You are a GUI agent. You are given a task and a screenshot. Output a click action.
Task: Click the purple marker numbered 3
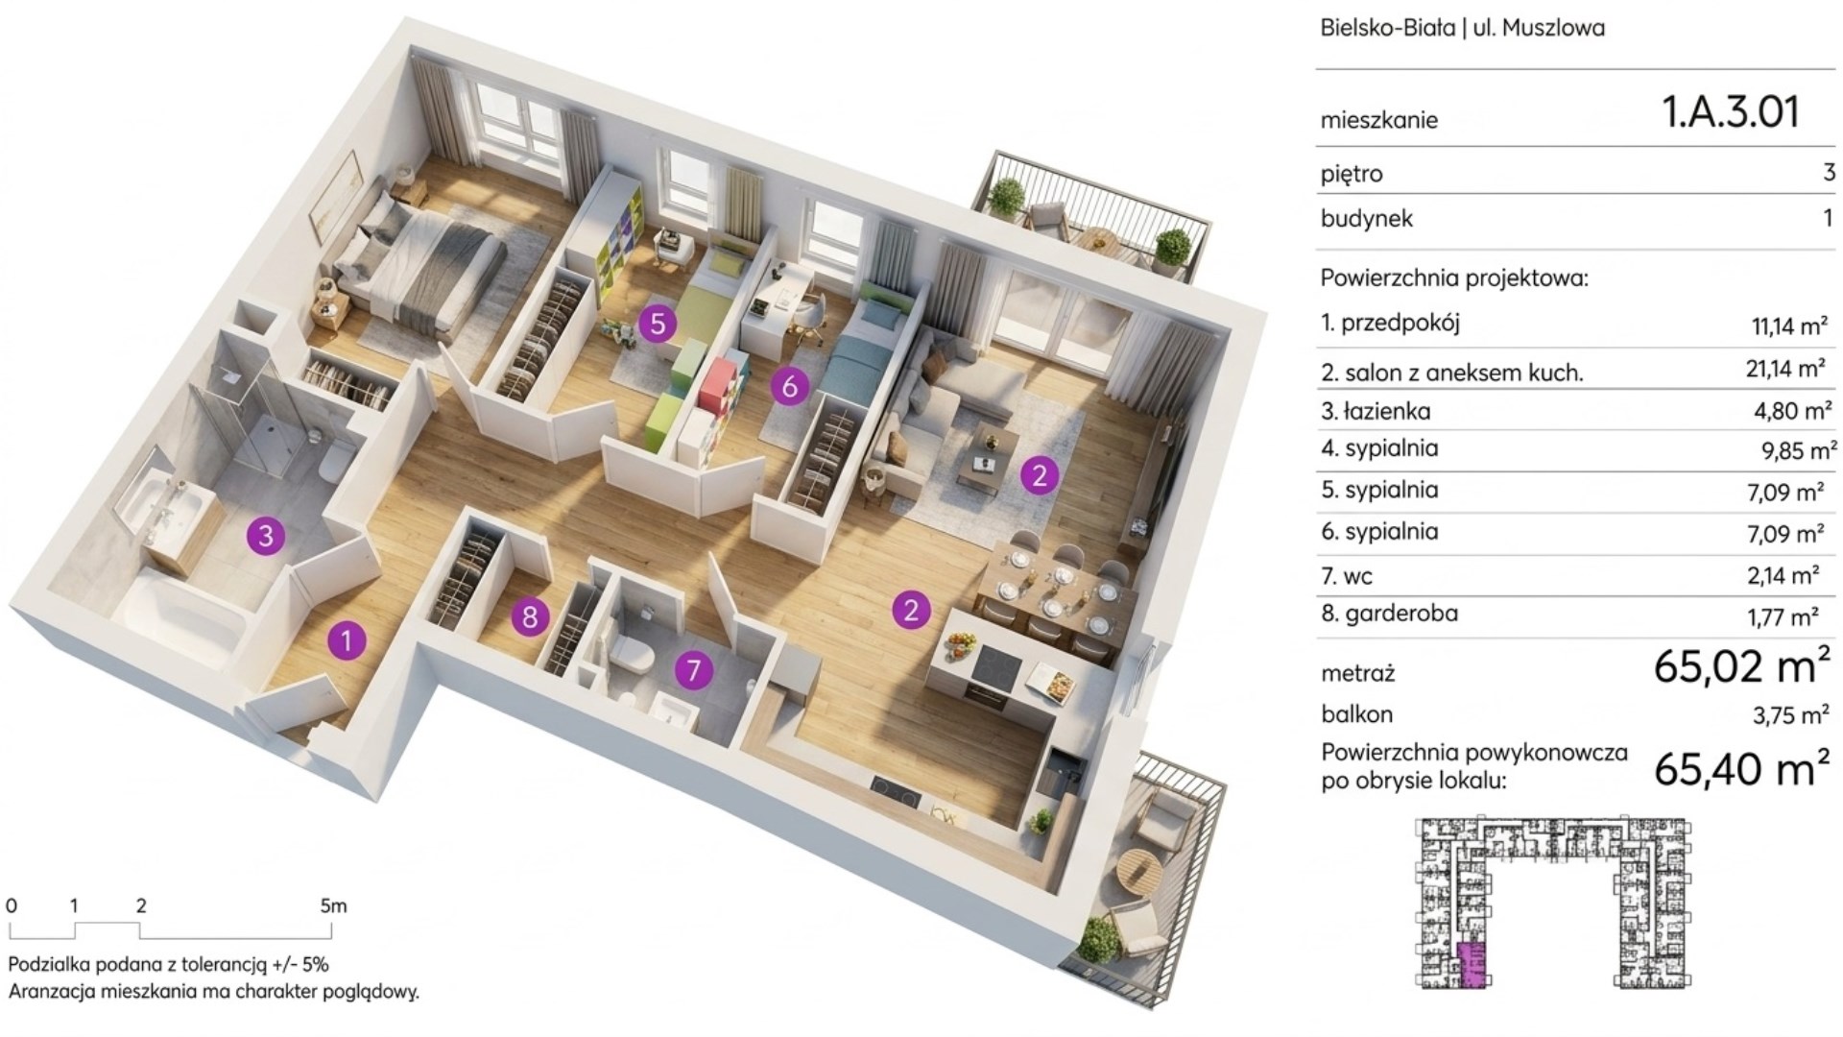[x=266, y=535]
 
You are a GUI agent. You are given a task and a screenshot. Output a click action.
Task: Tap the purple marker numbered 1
[x=347, y=639]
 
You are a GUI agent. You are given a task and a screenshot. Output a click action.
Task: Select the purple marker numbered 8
[x=530, y=615]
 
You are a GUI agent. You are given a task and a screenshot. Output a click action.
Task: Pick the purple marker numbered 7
[x=693, y=669]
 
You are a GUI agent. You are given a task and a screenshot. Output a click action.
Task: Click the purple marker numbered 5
[x=658, y=323]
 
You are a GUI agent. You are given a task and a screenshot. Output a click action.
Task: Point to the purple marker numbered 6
[x=790, y=386]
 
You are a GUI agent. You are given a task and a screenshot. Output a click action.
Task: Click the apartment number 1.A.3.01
[x=1731, y=111]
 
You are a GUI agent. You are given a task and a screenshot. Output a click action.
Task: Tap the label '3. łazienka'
[x=1376, y=411]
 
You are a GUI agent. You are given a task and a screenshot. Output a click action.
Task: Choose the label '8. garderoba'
[x=1389, y=613]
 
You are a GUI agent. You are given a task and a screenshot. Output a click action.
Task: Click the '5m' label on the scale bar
[x=333, y=905]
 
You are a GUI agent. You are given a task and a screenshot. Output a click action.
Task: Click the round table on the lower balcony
[x=1146, y=871]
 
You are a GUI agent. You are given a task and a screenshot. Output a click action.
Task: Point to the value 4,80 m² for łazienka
[x=1791, y=412]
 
